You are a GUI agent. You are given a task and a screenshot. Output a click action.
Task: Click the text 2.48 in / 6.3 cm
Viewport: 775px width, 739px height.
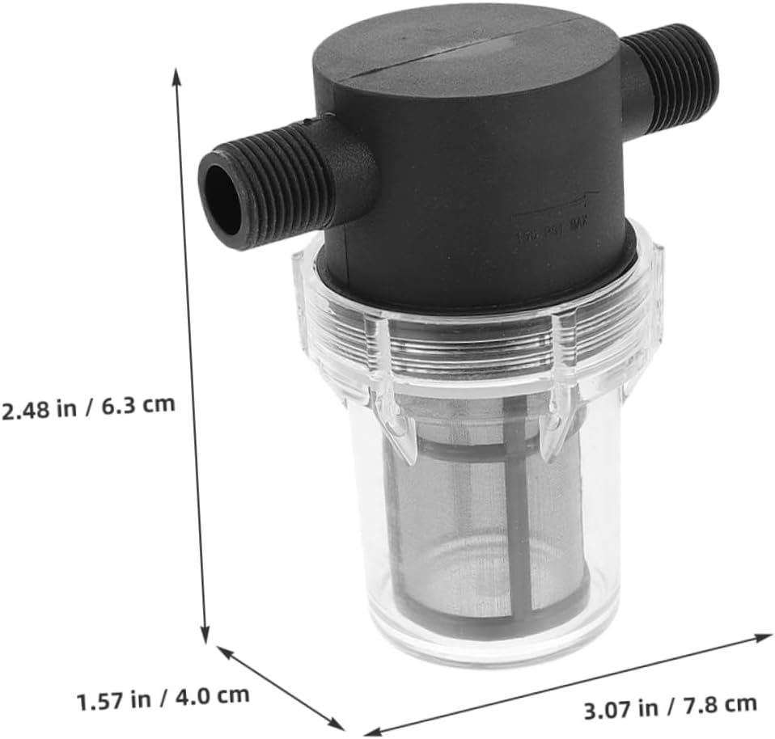(x=88, y=407)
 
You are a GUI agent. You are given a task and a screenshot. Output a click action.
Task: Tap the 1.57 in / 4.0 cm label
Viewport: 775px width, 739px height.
(x=163, y=696)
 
